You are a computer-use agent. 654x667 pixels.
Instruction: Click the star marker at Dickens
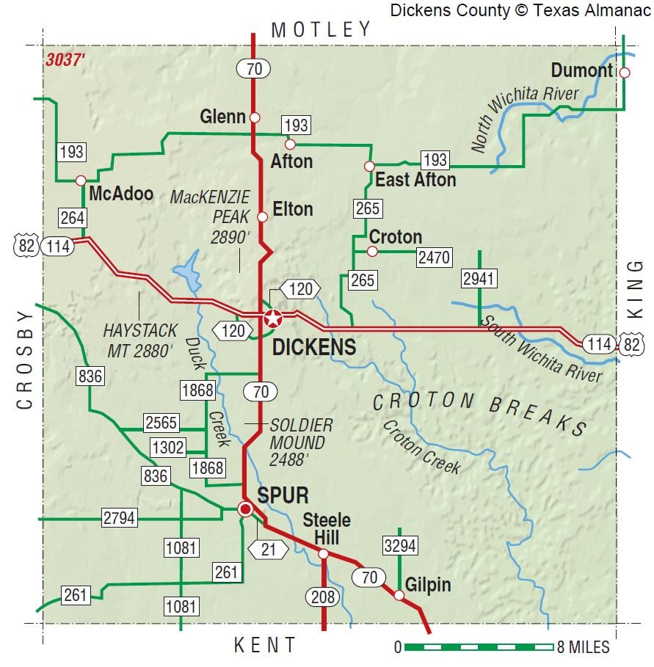coord(272,318)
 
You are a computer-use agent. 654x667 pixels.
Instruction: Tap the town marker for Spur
coord(246,509)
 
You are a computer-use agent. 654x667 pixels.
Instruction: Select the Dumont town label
coord(581,70)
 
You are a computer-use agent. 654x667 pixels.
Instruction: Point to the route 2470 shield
coord(434,257)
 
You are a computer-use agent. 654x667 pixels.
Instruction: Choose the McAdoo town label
coord(120,194)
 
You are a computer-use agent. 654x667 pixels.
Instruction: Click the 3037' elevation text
coord(65,61)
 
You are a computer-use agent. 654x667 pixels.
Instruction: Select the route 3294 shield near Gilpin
coord(400,545)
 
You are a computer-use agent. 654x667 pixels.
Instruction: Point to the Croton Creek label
coord(421,446)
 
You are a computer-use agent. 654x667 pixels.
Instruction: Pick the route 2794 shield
coord(120,518)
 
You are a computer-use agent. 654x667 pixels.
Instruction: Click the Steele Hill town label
coord(327,528)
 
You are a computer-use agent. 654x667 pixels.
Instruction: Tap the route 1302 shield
coord(167,447)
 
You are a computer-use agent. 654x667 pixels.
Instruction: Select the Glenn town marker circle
coord(255,117)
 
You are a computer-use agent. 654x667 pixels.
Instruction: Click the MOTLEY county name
coord(321,29)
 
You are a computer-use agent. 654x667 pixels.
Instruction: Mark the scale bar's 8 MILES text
coord(584,647)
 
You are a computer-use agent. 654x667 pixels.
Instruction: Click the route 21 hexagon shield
coord(268,548)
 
